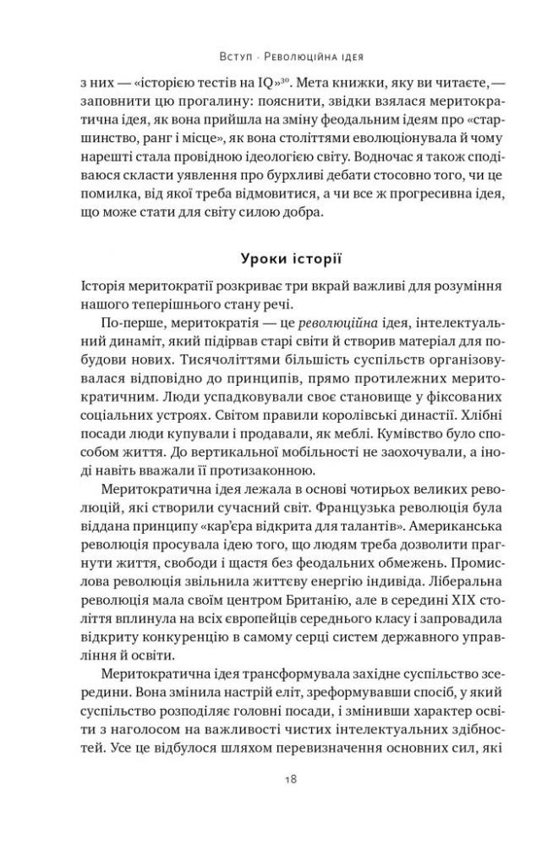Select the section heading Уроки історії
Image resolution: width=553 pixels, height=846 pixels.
pos(276,255)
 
